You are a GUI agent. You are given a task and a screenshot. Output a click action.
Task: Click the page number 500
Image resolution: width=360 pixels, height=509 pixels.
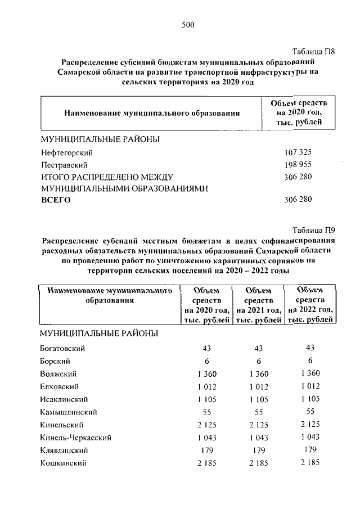pos(187,24)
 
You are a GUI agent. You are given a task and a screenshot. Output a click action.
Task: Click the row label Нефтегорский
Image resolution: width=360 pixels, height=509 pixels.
pos(66,153)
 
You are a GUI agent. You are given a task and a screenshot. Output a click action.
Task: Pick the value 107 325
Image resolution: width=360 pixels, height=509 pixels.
pos(298,153)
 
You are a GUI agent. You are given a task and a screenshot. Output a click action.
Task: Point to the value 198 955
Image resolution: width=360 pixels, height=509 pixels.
pos(298,165)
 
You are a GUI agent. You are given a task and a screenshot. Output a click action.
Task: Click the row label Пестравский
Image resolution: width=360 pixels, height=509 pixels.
pos(63,165)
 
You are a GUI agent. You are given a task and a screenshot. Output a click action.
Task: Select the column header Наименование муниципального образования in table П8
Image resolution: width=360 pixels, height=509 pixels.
pos(152,113)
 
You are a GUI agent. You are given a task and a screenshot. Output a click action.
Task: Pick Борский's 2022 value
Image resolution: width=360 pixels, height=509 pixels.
pos(310,361)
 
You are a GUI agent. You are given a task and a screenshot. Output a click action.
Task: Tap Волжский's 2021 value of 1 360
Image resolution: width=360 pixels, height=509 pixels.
pos(258,374)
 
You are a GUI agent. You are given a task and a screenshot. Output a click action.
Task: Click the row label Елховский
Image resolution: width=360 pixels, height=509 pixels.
pos(59,386)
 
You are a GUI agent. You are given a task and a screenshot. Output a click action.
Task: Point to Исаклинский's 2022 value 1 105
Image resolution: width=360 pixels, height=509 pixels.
pos(310,399)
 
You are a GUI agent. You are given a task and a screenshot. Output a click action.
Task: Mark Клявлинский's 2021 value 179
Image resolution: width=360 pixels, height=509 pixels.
pos(258,450)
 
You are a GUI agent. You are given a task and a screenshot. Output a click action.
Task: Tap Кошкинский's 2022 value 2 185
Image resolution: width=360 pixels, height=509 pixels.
pos(310,462)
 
